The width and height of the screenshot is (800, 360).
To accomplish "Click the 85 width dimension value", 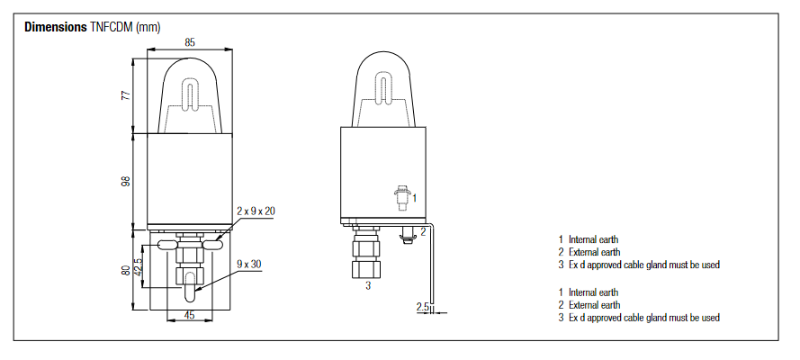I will point(190,41).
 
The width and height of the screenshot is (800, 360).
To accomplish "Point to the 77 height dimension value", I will point(126,95).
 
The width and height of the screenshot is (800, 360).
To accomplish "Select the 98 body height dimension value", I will point(126,181).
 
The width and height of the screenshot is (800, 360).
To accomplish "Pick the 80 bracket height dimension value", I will point(126,270).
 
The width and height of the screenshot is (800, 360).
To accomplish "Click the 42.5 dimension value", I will point(138,267).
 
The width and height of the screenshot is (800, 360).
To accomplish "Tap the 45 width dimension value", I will point(190,315).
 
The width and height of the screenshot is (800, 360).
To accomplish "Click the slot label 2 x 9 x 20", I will point(256,211).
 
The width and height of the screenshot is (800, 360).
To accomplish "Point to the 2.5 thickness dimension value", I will point(422,308).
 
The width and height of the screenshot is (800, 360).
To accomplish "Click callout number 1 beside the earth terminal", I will point(414,196).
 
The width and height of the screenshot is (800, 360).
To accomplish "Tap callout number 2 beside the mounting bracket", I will point(423,231).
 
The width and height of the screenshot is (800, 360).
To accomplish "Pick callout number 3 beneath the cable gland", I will point(367,288).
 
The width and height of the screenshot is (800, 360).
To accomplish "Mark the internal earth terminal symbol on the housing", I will point(401,193).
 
